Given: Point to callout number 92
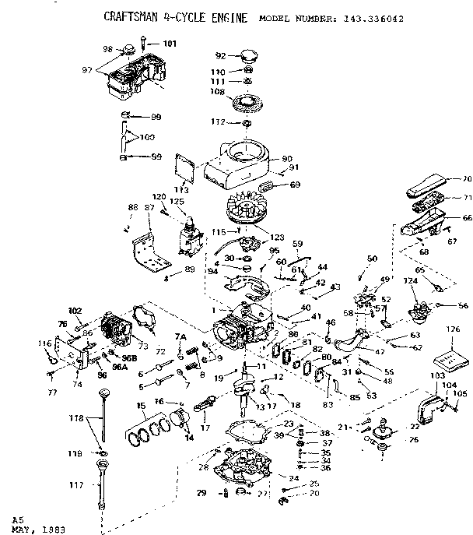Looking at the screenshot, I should [220, 55].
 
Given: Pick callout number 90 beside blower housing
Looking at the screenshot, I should [286, 159].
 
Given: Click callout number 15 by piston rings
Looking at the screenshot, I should [142, 406].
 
